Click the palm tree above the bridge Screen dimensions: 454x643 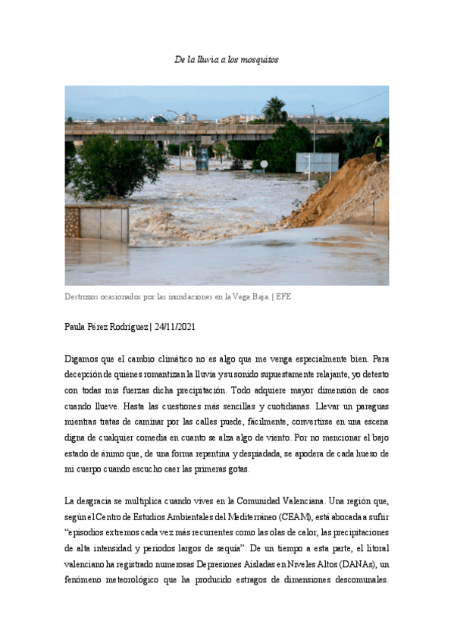click(x=274, y=109)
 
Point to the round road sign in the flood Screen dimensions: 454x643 click(x=264, y=164)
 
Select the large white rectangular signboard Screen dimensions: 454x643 click(x=317, y=162)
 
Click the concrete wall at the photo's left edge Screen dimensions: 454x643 click(x=97, y=223)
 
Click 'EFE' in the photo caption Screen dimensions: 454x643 click(x=283, y=297)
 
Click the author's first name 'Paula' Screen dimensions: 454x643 click(x=77, y=327)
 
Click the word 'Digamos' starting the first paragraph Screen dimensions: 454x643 click(x=83, y=358)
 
